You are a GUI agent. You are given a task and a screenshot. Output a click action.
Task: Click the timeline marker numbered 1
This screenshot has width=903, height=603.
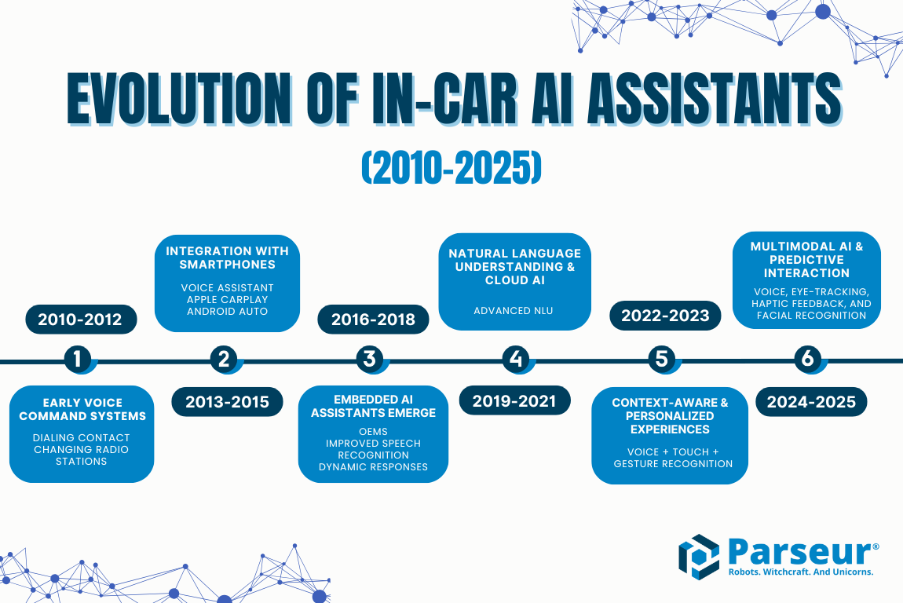pyautogui.click(x=77, y=359)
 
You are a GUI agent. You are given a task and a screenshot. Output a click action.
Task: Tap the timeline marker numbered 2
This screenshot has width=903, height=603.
pyautogui.click(x=224, y=359)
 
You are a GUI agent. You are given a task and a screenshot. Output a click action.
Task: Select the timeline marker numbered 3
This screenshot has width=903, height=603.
pyautogui.click(x=369, y=359)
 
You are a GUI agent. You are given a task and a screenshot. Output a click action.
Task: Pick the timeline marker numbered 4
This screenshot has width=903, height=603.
pyautogui.click(x=515, y=359)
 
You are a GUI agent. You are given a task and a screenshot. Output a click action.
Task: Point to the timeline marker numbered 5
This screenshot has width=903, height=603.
pyautogui.click(x=661, y=359)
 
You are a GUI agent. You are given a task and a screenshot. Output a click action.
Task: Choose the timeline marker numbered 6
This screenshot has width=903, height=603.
pyautogui.click(x=807, y=359)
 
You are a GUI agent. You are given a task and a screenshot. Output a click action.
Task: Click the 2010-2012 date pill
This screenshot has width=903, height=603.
pyautogui.click(x=81, y=320)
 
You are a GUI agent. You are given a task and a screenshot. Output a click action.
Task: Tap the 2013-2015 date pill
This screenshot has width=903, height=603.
pyautogui.click(x=227, y=402)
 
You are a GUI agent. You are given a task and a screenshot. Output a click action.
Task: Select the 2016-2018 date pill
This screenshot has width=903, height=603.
pyautogui.click(x=373, y=320)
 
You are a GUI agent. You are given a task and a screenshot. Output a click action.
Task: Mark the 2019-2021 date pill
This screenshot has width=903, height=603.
pyautogui.click(x=514, y=401)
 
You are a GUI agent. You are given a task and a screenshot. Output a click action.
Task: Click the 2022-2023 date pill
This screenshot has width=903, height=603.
pyautogui.click(x=665, y=316)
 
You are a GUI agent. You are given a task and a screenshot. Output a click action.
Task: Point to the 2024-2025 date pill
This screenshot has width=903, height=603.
pyautogui.click(x=811, y=402)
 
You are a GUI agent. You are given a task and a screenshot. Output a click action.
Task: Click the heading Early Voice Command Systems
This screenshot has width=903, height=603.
pyautogui.click(x=82, y=409)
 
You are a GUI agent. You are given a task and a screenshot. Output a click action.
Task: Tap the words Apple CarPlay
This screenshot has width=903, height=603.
pyautogui.click(x=227, y=300)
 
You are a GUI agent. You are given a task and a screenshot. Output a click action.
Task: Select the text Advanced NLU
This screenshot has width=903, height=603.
pyautogui.click(x=514, y=311)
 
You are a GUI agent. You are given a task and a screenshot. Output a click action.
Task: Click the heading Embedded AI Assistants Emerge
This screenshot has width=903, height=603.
pyautogui.click(x=373, y=406)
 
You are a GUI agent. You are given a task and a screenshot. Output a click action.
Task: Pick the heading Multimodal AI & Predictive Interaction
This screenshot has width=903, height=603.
pyautogui.click(x=806, y=259)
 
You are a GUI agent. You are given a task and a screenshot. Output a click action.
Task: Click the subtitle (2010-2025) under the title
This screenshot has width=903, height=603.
pyautogui.click(x=451, y=168)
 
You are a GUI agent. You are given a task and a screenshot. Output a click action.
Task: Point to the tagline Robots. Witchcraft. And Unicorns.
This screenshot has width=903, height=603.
pyautogui.click(x=800, y=572)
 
